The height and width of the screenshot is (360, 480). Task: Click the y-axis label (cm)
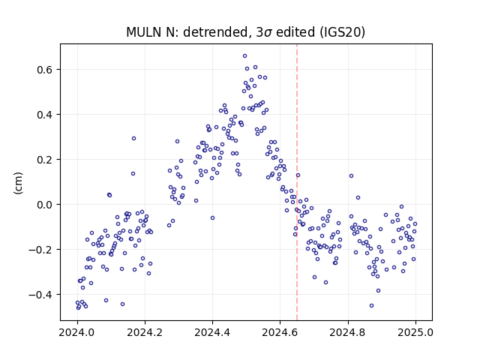18,183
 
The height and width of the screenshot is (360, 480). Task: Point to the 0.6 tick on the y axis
45,70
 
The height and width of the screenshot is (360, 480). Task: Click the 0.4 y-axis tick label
45,115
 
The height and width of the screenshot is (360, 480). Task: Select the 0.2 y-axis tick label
45,160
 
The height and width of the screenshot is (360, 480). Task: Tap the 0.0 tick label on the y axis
45,205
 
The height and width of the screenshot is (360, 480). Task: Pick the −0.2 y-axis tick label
41,250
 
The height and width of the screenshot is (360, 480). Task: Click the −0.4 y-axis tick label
41,295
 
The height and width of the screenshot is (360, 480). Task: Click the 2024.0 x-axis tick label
77,332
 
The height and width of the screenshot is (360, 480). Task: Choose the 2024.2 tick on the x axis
145,332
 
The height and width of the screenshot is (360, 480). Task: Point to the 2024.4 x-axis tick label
212,332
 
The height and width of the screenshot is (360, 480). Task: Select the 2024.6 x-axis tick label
280,332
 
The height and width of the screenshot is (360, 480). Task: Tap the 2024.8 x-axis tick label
348,332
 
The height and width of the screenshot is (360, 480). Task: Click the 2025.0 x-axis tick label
415,332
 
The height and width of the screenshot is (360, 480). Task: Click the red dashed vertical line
297,182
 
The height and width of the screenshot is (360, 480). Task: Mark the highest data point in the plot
245,56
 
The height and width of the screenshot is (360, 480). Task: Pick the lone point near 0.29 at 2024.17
133,138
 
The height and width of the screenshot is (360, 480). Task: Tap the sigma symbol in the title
268,33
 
